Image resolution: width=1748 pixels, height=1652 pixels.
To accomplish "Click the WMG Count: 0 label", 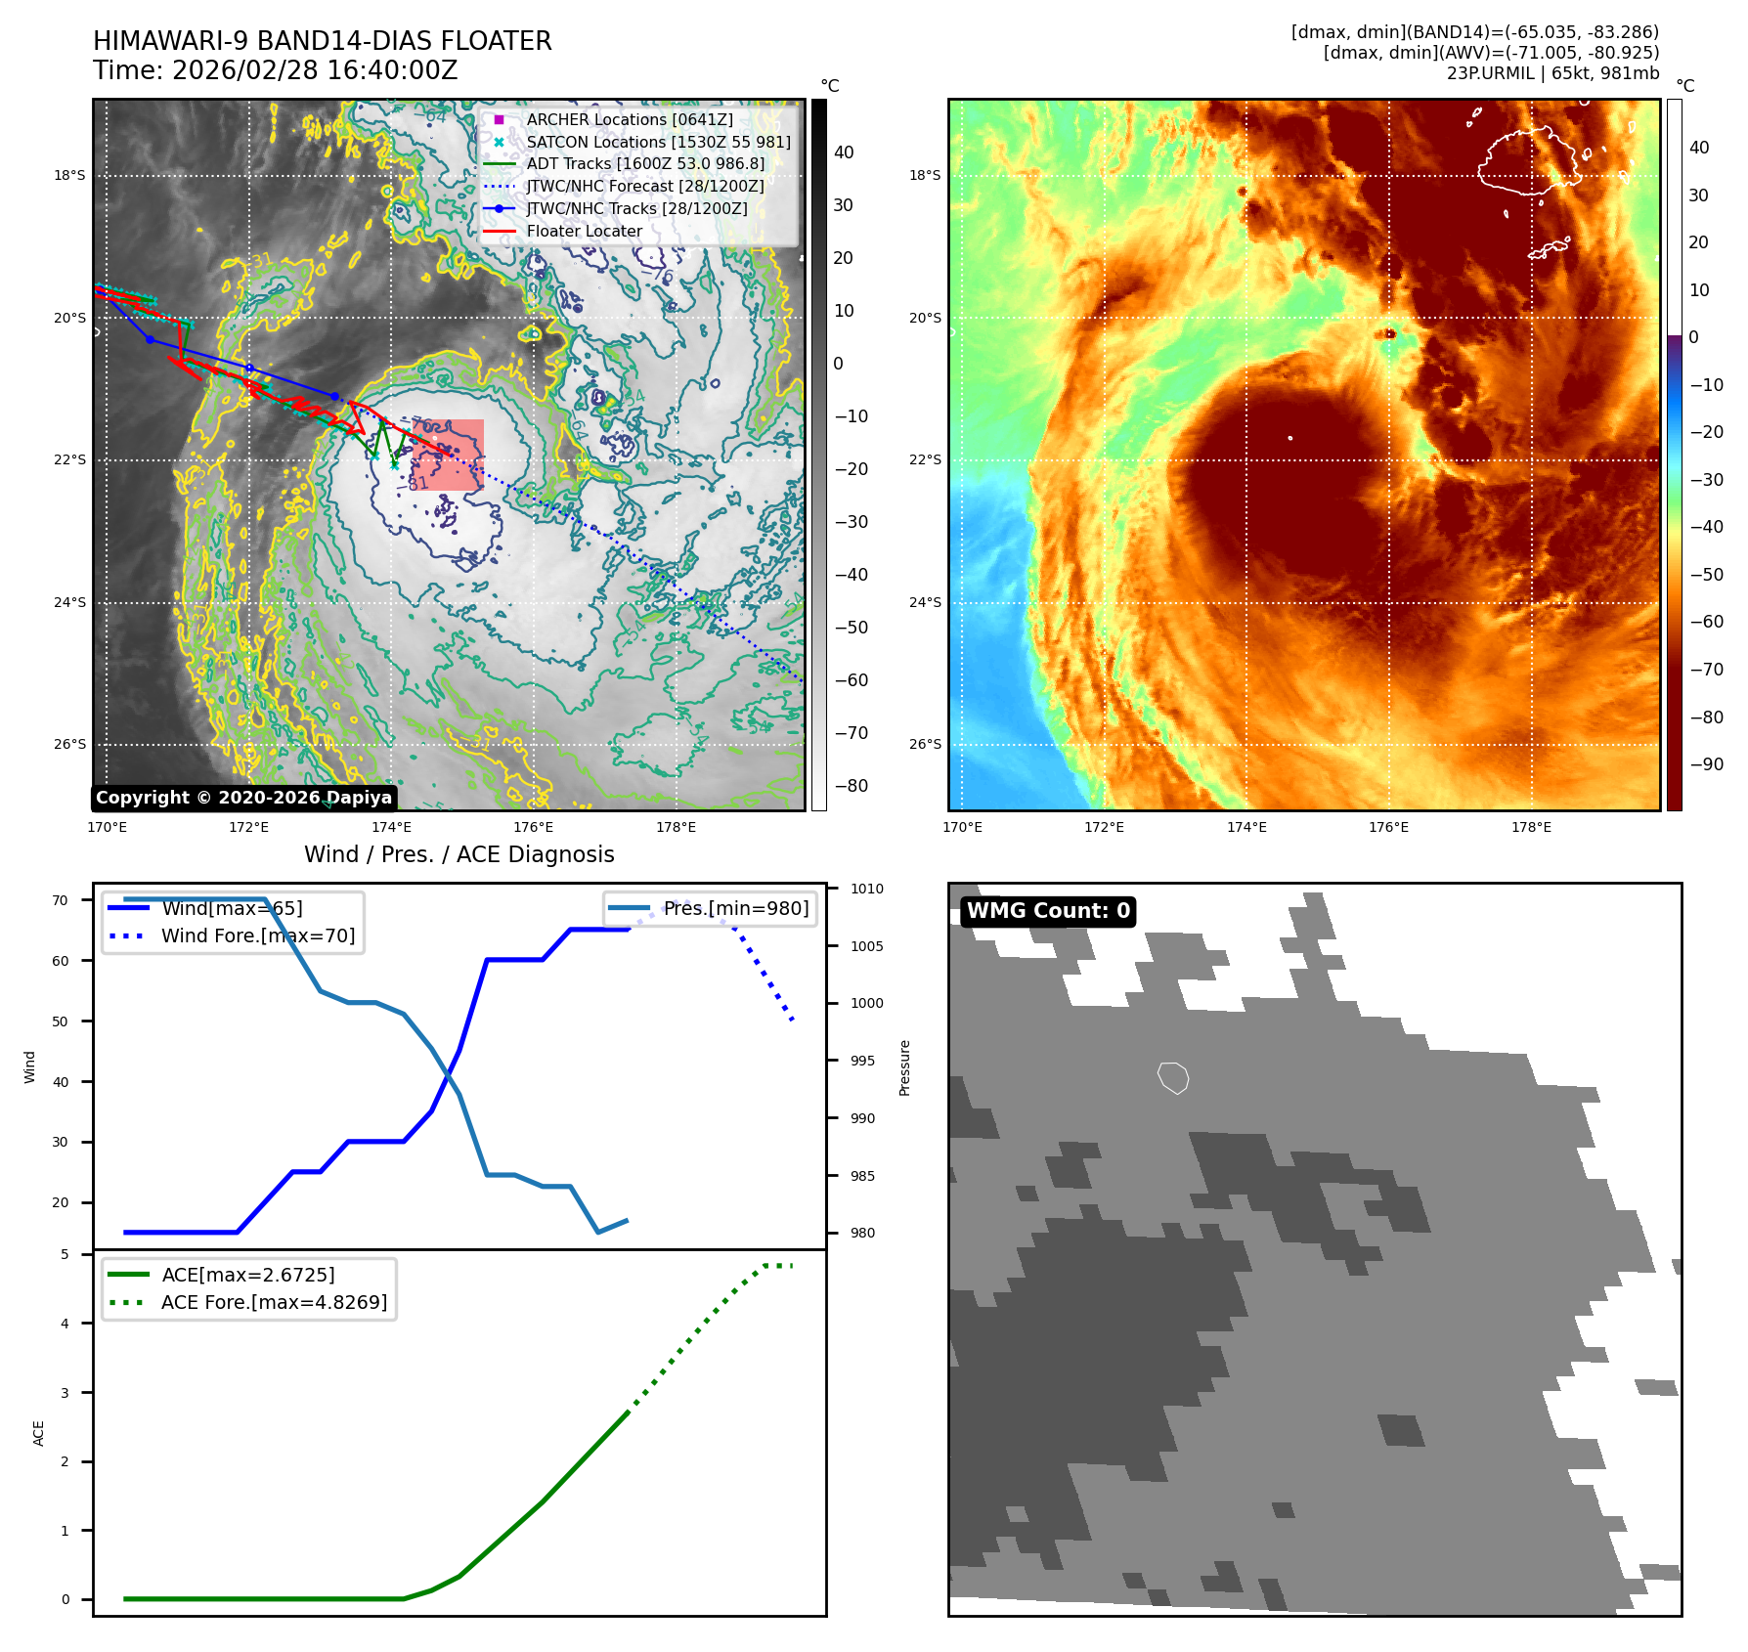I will [1048, 911].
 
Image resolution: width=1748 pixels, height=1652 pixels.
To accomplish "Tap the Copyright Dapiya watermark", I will [243, 798].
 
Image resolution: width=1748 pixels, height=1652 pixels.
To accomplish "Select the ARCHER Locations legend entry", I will [629, 119].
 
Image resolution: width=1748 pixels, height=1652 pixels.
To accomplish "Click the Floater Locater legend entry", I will [584, 232].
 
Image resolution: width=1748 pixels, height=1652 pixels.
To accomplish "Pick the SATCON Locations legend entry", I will [658, 142].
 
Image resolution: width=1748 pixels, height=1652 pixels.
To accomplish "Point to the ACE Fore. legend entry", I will [274, 1302].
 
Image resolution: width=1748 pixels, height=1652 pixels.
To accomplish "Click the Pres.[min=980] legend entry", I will [735, 908].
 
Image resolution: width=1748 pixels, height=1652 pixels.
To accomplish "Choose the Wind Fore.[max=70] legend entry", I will [258, 935].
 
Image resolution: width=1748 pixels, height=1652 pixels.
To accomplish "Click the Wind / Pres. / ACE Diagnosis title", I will [459, 854].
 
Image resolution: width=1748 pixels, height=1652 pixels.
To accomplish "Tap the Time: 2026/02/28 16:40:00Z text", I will [276, 70].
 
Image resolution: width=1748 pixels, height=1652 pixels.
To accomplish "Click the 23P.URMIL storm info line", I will [1552, 73].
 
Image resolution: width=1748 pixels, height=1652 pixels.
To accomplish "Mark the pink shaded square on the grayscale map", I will [449, 454].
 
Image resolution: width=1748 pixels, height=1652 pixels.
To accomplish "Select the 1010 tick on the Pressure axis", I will [866, 889].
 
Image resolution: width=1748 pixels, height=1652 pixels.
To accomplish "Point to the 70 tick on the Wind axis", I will [61, 900].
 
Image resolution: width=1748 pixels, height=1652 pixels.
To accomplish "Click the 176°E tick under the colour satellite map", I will [1388, 827].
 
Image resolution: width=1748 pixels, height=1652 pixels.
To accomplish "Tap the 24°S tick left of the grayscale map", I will [70, 602].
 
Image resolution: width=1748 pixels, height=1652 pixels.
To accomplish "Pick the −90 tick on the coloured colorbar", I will [1706, 764].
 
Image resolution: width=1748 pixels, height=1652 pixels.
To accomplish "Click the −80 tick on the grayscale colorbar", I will [851, 786].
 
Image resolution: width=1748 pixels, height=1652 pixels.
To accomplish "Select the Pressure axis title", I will [904, 1067].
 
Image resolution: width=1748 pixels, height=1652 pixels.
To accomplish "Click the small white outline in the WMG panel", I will [1173, 1077].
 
